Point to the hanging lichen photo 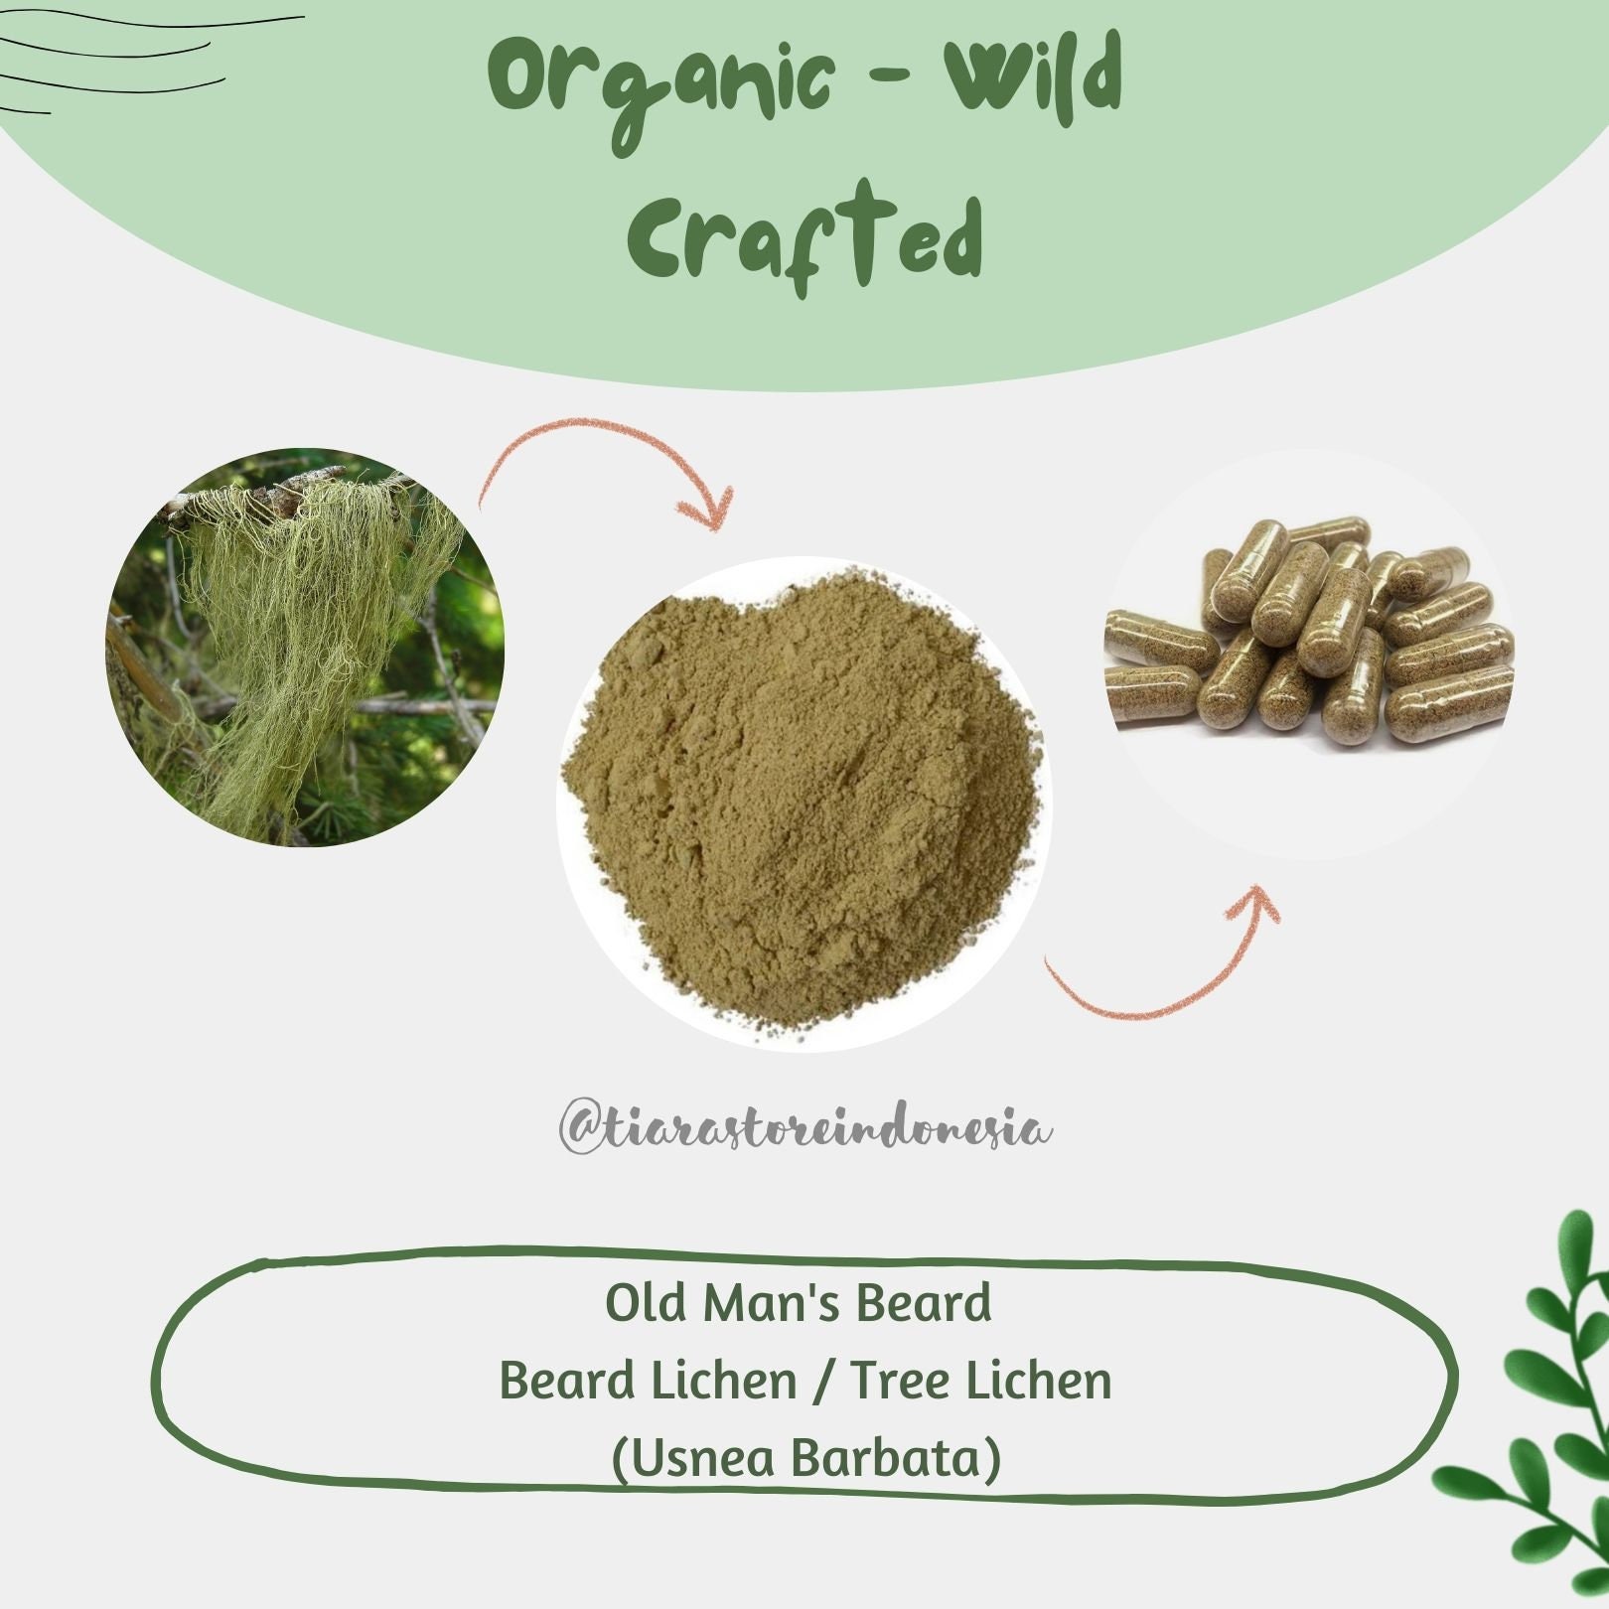point(304,647)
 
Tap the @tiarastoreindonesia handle point(805,1129)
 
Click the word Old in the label point(649,1303)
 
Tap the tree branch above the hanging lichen point(288,492)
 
